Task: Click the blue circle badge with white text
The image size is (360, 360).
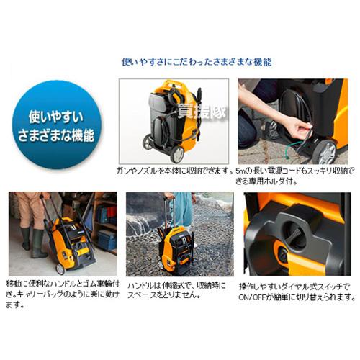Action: pyautogui.click(x=58, y=127)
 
